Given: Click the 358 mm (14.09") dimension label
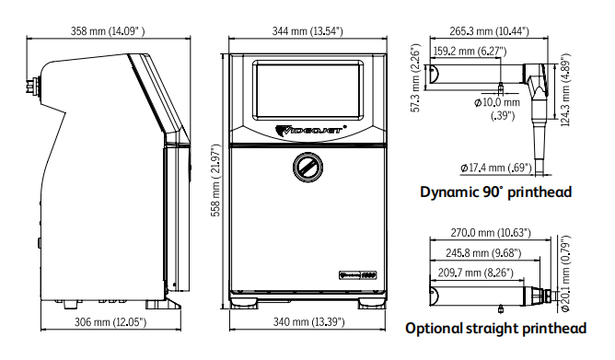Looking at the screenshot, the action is click(108, 30).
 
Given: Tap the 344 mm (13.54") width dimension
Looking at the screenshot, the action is click(307, 30).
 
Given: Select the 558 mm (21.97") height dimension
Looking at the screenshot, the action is click(215, 180).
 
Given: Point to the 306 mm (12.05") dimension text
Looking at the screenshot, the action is click(110, 322).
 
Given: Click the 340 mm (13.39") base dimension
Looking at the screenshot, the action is click(309, 322).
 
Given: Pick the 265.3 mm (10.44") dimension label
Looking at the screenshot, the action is click(489, 30).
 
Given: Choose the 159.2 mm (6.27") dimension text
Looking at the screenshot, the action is click(470, 51).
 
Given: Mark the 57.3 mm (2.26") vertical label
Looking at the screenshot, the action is click(416, 77).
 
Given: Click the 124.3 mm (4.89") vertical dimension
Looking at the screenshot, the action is click(565, 89).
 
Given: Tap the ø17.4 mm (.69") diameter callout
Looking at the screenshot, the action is click(496, 168).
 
